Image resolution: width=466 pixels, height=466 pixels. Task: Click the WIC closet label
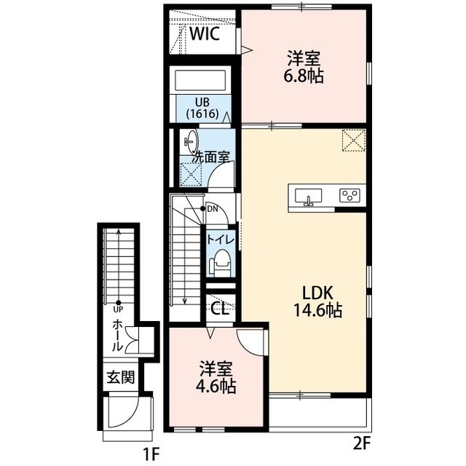pos(205,34)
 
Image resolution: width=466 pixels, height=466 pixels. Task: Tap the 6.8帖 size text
pos(304,77)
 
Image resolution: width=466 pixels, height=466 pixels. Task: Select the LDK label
pos(317,293)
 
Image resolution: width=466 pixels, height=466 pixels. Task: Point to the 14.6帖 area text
pos(317,310)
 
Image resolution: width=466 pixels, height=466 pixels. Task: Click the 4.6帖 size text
pos(216,387)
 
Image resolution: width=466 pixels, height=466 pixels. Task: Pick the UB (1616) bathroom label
pos(202,108)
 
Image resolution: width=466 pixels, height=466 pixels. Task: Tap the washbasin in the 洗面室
pos(191,141)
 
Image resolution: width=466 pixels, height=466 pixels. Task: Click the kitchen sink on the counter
pos(308,197)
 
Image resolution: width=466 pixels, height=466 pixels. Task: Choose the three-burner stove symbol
pos(349,196)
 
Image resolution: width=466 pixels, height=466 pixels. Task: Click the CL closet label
pos(220,309)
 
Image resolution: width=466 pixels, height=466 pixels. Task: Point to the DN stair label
pos(213,209)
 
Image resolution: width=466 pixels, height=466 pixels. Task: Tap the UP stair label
pos(118,309)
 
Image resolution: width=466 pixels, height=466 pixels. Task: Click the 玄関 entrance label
pos(121,377)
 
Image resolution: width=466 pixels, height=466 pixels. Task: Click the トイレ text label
pos(221,240)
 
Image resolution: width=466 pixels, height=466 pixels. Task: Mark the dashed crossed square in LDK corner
pos(354,141)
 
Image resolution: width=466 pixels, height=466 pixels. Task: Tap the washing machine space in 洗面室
pos(191,175)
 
